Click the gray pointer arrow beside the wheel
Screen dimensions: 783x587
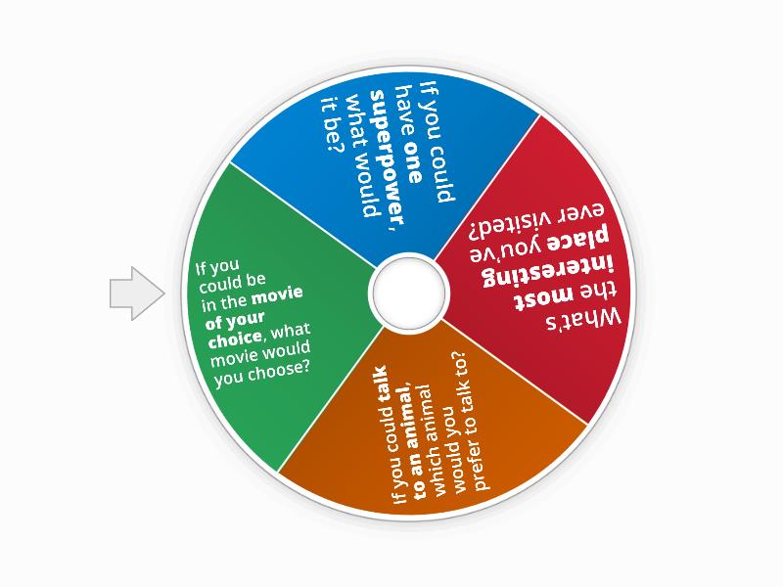pos(137,293)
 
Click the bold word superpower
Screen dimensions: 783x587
pos(387,158)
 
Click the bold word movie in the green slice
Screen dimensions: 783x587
pos(277,295)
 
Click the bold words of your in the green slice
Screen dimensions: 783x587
pos(235,321)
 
